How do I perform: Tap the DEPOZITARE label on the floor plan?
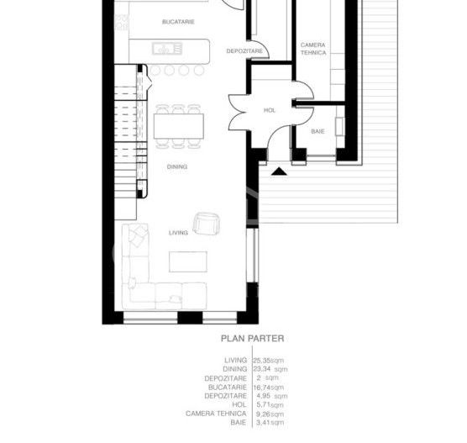coord(245,51)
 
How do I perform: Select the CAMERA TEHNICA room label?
coord(312,48)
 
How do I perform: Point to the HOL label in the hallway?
coord(270,109)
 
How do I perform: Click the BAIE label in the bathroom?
coord(317,130)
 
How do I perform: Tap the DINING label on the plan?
coord(176,166)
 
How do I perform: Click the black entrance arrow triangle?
coord(278,171)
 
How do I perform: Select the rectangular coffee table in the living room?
coord(186,262)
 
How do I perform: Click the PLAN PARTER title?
coord(252,340)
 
